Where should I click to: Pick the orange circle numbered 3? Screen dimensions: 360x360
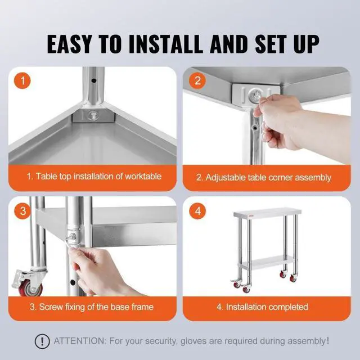click(23, 211)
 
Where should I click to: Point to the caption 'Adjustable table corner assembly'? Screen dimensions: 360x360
click(263, 177)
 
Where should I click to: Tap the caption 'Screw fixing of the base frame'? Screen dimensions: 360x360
click(91, 307)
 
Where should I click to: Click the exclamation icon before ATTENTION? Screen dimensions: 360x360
click(41, 341)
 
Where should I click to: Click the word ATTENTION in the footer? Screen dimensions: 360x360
click(78, 341)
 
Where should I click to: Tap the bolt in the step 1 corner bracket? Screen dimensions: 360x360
click(92, 117)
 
